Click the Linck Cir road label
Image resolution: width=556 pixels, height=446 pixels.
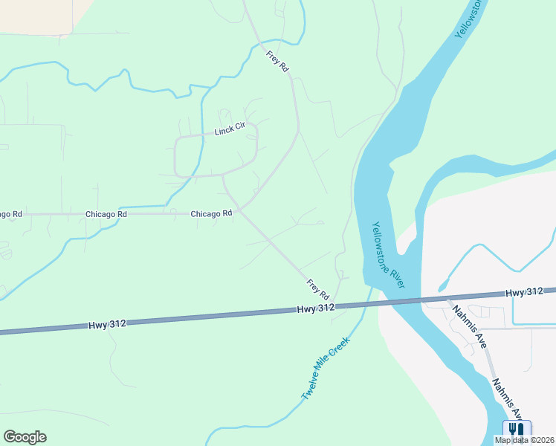click(x=230, y=130)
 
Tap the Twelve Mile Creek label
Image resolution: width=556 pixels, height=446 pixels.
click(x=326, y=369)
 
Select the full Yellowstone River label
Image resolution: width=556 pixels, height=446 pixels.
click(x=388, y=256)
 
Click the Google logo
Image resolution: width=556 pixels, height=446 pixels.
click(x=25, y=437)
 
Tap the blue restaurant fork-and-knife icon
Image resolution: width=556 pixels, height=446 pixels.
click(x=517, y=430)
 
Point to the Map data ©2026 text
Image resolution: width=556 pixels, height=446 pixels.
click(x=525, y=440)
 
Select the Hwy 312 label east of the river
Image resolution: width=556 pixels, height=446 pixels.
click(x=525, y=293)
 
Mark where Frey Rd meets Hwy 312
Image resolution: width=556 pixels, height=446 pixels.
click(x=334, y=305)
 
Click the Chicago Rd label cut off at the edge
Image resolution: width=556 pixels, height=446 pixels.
click(x=10, y=214)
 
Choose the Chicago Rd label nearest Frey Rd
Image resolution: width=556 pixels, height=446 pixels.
click(x=212, y=213)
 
